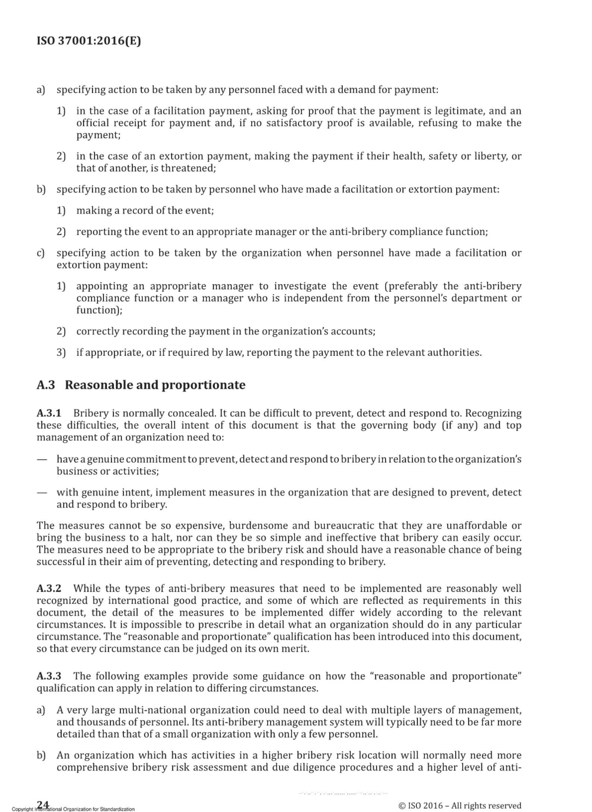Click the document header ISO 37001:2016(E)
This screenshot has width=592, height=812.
(89, 41)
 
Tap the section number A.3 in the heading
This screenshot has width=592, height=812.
(46, 385)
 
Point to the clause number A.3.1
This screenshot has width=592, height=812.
(48, 413)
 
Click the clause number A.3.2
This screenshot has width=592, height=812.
(48, 588)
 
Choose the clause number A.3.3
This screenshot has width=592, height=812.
(48, 676)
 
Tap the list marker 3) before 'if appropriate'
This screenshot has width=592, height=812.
(61, 353)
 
